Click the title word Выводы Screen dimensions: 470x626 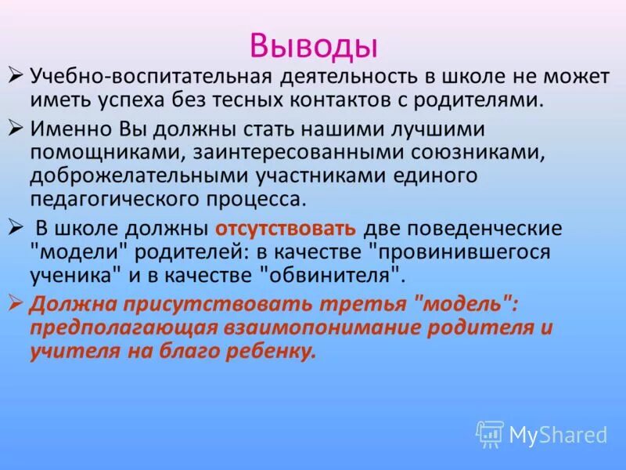[313, 45]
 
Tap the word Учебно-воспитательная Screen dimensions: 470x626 [150, 78]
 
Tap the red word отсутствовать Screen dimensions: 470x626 [286, 229]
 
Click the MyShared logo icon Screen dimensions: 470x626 [490, 433]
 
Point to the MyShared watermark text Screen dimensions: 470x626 [558, 434]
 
